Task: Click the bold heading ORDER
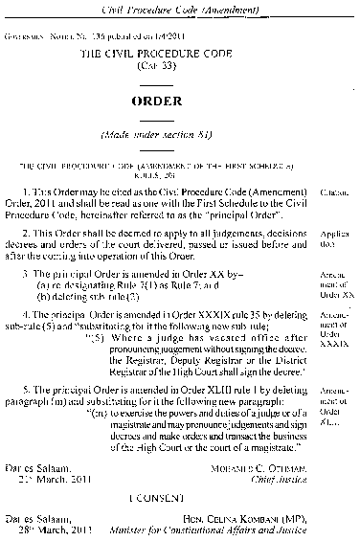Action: pyautogui.click(x=179, y=101)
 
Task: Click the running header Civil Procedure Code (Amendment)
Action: pyautogui.click(x=179, y=8)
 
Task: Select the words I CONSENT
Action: pyautogui.click(x=177, y=498)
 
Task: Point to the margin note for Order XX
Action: pyautogui.click(x=334, y=284)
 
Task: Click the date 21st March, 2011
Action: pyautogui.click(x=58, y=480)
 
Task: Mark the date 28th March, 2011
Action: pyautogui.click(x=58, y=530)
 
